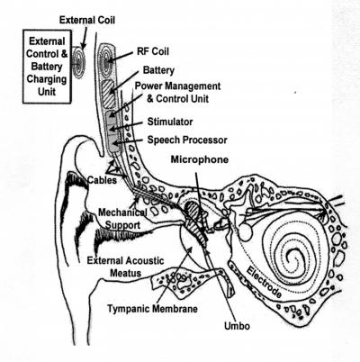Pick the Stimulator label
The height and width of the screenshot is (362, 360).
click(174, 120)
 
